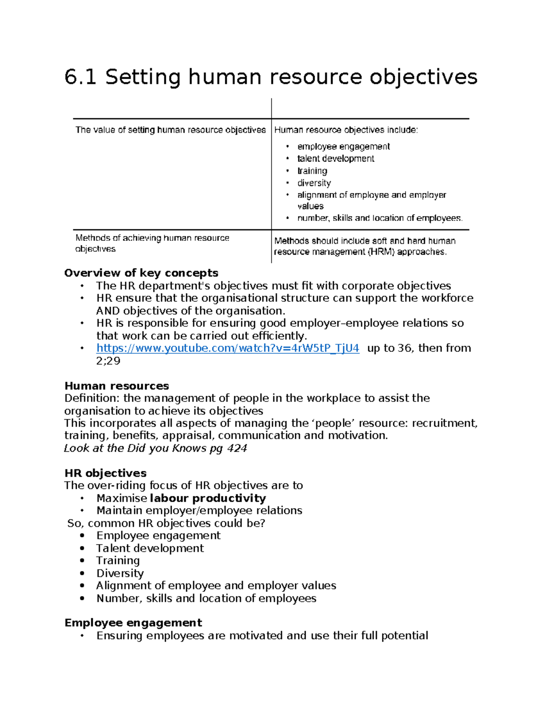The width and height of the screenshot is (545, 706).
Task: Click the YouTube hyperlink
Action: pos(228,348)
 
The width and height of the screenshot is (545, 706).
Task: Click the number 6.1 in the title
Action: pos(80,76)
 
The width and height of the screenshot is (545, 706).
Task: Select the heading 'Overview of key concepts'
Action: pos(141,273)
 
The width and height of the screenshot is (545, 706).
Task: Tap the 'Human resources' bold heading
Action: pos(117,386)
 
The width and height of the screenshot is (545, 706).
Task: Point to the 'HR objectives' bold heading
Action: pos(105,473)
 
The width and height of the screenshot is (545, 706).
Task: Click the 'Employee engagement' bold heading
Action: pos(133,623)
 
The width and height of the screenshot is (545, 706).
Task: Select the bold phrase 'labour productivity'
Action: pos(208,498)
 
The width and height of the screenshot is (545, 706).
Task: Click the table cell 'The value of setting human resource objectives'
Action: pos(170,130)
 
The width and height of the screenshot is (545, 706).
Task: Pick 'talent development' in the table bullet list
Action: pos(336,159)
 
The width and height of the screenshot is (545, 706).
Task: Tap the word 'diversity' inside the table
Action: pos(314,183)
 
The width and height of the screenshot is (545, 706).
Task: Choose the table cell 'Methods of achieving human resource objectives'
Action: pos(152,243)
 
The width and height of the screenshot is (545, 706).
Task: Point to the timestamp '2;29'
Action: pos(108,361)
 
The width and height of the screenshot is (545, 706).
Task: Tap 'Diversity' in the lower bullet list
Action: pos(120,573)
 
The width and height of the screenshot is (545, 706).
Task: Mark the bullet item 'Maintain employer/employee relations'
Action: pos(199,511)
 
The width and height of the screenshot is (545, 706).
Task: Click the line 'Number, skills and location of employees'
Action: pos(206,598)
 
